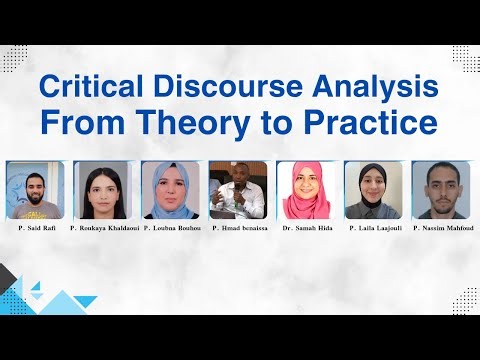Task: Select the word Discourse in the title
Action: (219, 88)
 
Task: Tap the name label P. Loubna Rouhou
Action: (171, 229)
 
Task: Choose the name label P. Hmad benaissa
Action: (239, 229)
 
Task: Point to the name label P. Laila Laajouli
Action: (374, 229)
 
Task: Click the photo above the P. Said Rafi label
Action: (35, 190)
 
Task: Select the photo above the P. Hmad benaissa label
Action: (239, 190)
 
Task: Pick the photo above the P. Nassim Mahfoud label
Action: (441, 190)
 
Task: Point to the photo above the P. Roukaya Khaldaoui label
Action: (103, 190)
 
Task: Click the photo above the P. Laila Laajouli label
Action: (374, 190)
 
